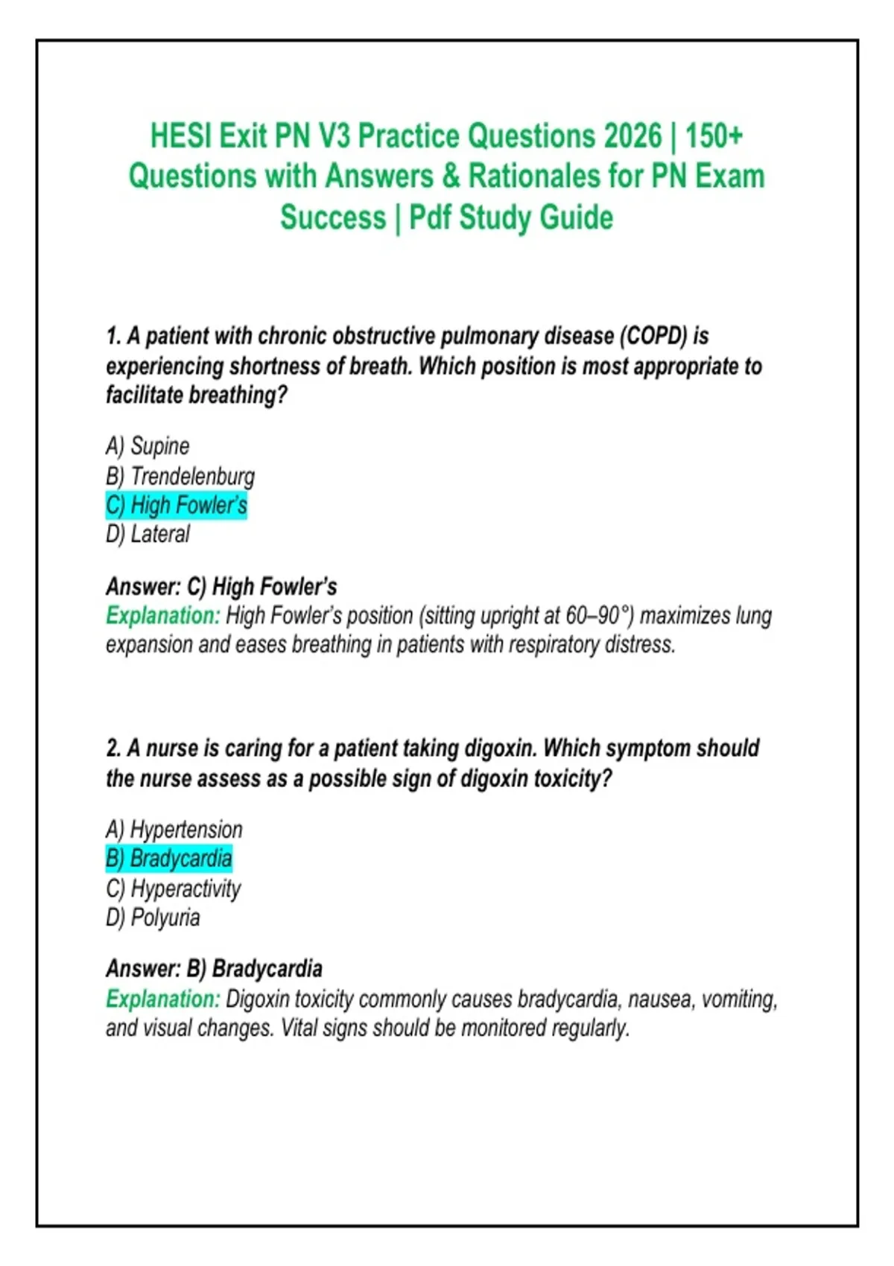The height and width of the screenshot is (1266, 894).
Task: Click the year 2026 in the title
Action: tap(633, 136)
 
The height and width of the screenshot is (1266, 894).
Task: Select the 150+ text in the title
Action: tap(714, 136)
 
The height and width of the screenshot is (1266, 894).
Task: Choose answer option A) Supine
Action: tap(148, 446)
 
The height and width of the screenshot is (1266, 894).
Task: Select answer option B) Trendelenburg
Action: tap(180, 476)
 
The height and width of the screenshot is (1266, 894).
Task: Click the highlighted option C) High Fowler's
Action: tap(177, 505)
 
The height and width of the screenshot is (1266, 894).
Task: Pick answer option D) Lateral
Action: tap(148, 534)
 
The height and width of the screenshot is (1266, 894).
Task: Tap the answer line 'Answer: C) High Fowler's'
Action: tap(221, 587)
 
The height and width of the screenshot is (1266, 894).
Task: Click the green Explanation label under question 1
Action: tap(162, 616)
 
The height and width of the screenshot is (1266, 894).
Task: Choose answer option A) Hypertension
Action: tap(174, 830)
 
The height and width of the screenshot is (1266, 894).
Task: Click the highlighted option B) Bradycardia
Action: tap(169, 859)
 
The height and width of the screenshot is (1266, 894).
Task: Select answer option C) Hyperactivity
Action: tap(174, 888)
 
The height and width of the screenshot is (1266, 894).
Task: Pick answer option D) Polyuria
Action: tap(153, 917)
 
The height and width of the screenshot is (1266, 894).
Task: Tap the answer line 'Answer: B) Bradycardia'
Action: tap(214, 969)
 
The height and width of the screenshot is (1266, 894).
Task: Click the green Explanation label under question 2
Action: tap(162, 999)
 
